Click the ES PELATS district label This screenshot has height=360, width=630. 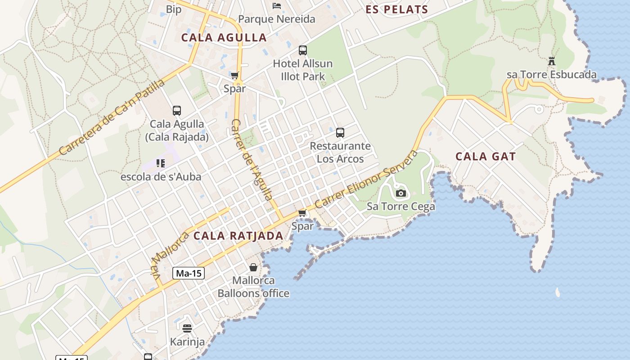coord(396,9)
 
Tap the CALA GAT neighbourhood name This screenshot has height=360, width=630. coord(486,157)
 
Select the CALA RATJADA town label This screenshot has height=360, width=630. coord(238,236)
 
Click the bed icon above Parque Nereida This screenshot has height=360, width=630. coord(277,6)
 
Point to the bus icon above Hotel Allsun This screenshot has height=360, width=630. coord(303,50)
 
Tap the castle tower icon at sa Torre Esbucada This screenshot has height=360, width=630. coord(551,61)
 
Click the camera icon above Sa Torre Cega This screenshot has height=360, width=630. coord(400,193)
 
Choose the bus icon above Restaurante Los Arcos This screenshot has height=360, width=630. coord(340,133)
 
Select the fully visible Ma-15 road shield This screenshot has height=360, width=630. coord(189,273)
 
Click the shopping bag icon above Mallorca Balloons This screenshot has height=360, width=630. coord(253,267)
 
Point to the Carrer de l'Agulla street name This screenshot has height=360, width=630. coord(252,159)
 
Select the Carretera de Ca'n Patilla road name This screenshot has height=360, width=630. coord(112,117)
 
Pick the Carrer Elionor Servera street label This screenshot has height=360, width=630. coord(366,180)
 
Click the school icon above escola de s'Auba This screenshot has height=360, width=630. coord(161,163)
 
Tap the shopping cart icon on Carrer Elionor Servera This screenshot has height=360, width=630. coord(302,213)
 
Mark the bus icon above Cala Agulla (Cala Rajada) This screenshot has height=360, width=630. coord(177,111)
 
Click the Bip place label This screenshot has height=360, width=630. coord(174,9)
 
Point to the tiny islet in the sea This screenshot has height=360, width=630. coord(558,292)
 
